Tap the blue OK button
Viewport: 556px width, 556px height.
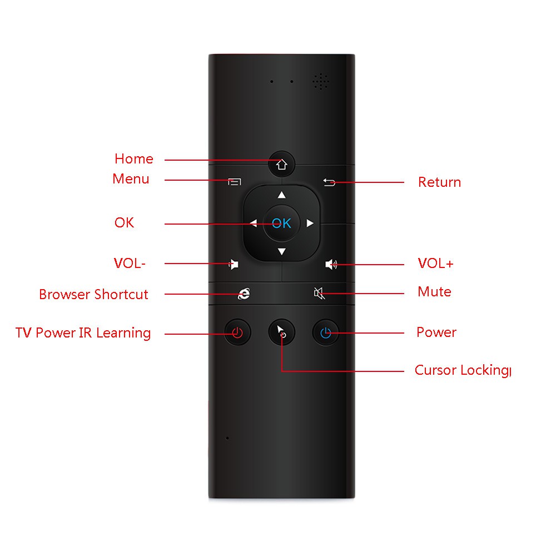click(x=281, y=224)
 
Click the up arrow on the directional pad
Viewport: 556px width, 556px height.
click(x=281, y=195)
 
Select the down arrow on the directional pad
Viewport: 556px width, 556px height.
click(x=281, y=252)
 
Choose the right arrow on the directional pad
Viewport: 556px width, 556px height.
click(x=310, y=224)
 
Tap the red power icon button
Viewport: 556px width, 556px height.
click(x=237, y=333)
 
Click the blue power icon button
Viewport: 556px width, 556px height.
click(x=326, y=333)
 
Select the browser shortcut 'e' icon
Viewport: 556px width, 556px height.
click(x=244, y=294)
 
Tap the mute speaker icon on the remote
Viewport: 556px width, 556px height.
click(x=319, y=293)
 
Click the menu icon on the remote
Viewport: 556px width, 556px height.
click(x=235, y=181)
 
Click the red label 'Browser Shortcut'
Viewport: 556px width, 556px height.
click(x=93, y=294)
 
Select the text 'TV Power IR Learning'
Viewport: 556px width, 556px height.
click(x=83, y=333)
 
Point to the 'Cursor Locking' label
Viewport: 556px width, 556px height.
click(x=462, y=370)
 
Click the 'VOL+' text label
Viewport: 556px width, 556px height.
click(x=435, y=264)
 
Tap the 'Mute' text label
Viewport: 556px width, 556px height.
click(x=434, y=292)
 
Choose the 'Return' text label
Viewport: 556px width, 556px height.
click(x=439, y=182)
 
